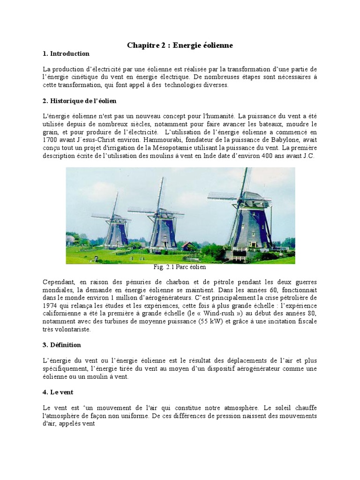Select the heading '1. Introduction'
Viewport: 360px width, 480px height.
point(66,53)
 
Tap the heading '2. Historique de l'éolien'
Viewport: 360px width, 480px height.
point(79,101)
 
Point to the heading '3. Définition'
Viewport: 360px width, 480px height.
point(61,345)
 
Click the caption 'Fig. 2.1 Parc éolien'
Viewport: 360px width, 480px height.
point(180,267)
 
